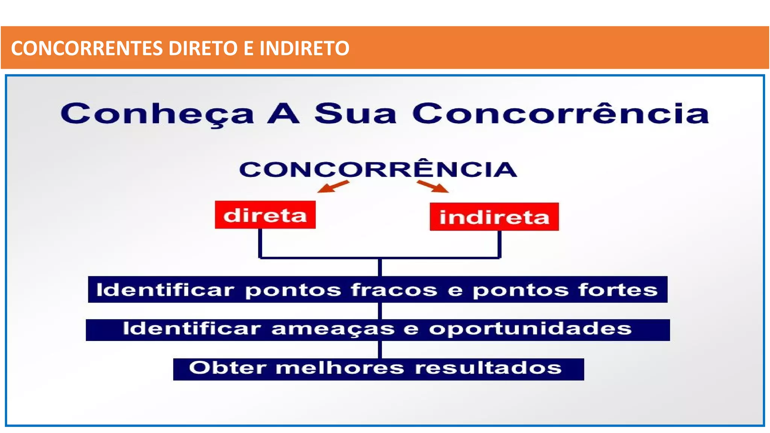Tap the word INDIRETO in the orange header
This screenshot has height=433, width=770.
(x=304, y=48)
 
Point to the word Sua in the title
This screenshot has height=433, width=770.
(x=355, y=114)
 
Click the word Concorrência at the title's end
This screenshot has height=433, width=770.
(x=560, y=114)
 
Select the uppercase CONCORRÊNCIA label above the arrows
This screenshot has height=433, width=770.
(x=378, y=170)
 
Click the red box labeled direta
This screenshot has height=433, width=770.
(x=265, y=215)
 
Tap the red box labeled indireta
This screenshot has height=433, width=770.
(x=494, y=217)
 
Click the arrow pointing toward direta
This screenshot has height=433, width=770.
(x=333, y=186)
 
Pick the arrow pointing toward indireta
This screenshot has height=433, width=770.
(x=433, y=186)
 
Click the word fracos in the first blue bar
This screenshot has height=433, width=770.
(x=394, y=290)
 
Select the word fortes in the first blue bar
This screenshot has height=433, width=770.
(x=618, y=290)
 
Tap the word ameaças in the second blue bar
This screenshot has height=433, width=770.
(x=333, y=329)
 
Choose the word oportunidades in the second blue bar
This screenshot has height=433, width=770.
(x=530, y=329)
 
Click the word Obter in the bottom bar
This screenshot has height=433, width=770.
(x=228, y=368)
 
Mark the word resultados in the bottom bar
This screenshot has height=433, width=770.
(x=488, y=368)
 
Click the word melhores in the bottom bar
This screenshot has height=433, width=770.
(x=340, y=368)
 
